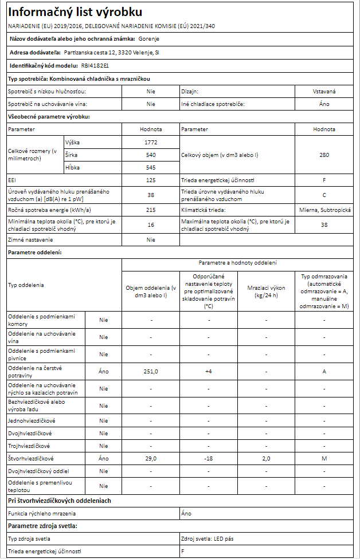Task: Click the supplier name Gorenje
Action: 149,39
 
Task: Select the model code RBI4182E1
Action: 95,66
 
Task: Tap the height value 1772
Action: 151,142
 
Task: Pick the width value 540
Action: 151,155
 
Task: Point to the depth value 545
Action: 151,167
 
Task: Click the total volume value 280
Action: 324,155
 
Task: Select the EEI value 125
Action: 151,180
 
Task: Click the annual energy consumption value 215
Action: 151,210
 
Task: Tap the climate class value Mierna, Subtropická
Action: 324,210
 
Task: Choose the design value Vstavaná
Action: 324,91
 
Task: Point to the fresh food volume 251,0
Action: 151,371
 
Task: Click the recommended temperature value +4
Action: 209,371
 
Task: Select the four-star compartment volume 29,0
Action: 151,459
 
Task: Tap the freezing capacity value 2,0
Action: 266,459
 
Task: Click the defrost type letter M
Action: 324,459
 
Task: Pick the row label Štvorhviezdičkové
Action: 31,459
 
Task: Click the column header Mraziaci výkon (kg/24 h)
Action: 266,292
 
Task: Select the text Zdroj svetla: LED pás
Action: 207,539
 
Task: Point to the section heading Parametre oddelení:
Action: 34,252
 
